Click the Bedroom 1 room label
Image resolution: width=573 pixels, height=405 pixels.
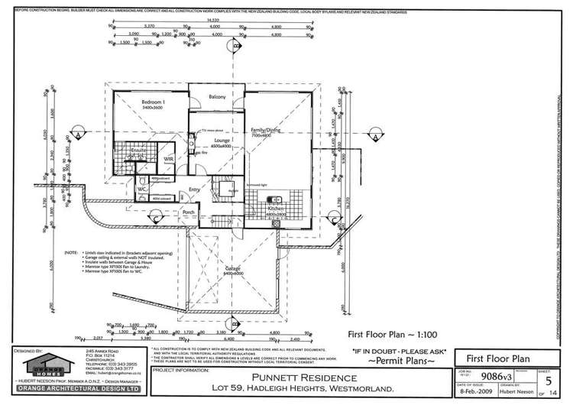coord(154,101)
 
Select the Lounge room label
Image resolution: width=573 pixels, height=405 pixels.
coord(222,141)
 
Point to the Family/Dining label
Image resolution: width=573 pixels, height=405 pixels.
coord(277,131)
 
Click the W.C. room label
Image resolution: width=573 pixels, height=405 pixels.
coord(142,189)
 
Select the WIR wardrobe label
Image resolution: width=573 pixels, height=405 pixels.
coord(170,158)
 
